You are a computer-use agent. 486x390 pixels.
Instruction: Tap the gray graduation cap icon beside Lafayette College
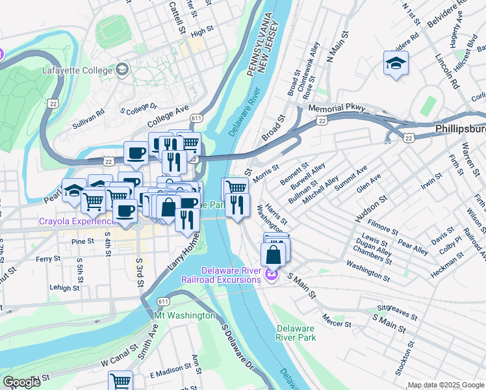point(122,70)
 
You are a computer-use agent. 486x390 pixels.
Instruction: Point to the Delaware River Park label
point(296,333)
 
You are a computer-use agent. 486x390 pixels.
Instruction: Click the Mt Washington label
point(184,315)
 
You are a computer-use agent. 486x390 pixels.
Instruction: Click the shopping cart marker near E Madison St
point(120,381)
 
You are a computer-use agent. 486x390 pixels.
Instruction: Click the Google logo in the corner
point(21,382)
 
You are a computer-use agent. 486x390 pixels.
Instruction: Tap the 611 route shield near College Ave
point(196,118)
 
